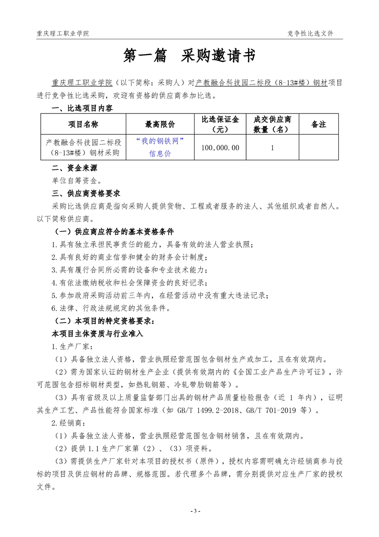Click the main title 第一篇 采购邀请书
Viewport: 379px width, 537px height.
coord(189,56)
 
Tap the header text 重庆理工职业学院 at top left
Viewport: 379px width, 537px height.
coord(63,34)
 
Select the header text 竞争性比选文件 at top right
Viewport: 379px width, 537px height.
coord(310,34)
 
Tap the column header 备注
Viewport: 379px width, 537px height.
coord(318,124)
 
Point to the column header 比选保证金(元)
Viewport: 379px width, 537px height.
coord(220,124)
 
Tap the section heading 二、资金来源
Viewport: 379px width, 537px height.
coord(74,168)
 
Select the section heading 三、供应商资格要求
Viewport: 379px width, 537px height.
coord(86,193)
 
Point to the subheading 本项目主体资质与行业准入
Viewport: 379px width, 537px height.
coord(97,333)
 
